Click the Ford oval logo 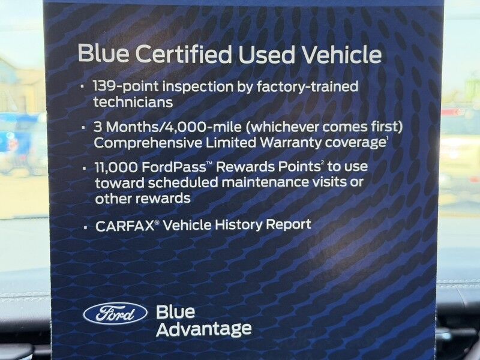(x=115, y=313)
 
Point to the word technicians (x=133, y=102)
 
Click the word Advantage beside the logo (x=203, y=329)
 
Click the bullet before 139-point (x=83, y=88)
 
